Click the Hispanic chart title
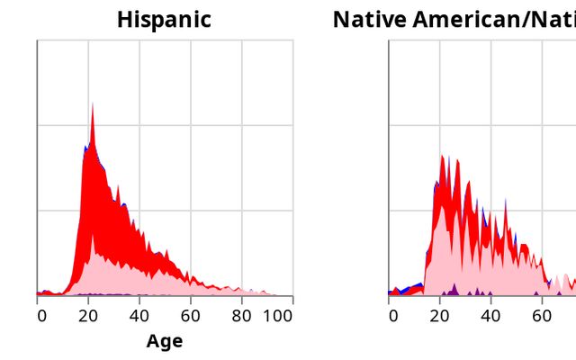[x=164, y=20]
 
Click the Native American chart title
[x=454, y=20]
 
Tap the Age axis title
[x=164, y=341]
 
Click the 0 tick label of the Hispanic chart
[x=41, y=316]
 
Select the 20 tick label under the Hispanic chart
[x=88, y=316]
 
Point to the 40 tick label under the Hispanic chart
[x=139, y=316]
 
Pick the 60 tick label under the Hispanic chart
[x=190, y=316]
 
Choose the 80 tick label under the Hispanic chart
[x=241, y=316]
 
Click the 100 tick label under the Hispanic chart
[x=277, y=316]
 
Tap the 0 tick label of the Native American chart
[x=393, y=316]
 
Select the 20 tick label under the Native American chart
[x=440, y=316]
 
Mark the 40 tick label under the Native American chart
[x=490, y=316]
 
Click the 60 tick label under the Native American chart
[x=542, y=316]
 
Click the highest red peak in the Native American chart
[x=442, y=159]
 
